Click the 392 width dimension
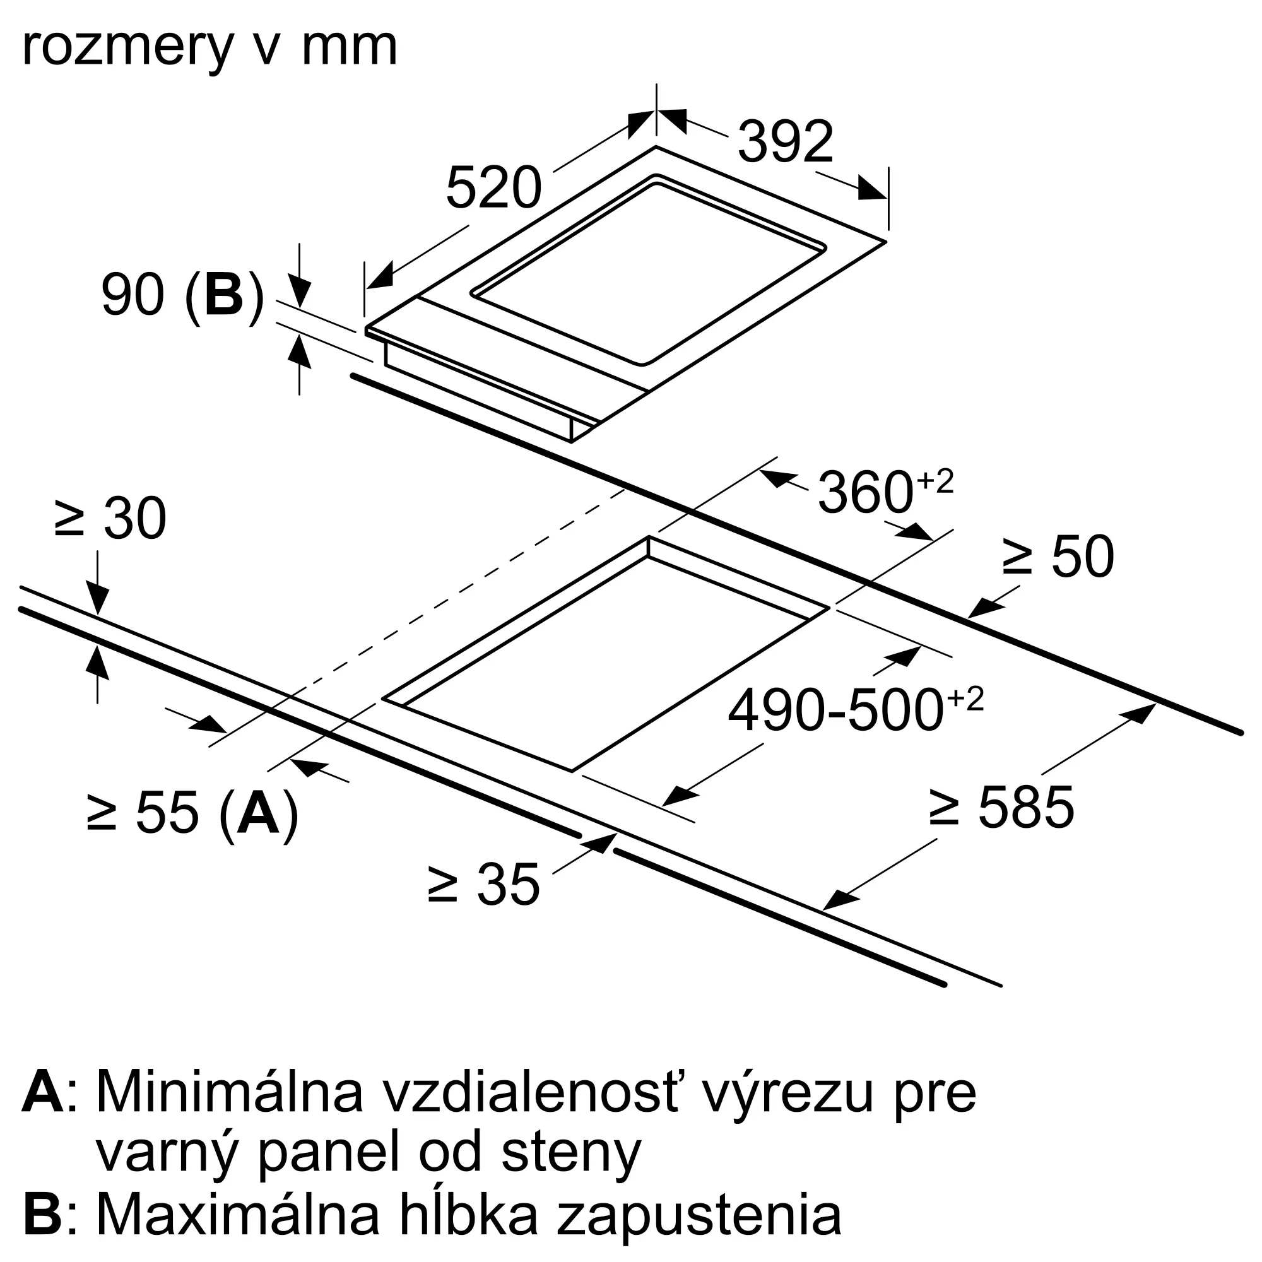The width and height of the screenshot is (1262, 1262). tap(785, 142)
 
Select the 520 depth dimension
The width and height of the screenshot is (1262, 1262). tap(494, 188)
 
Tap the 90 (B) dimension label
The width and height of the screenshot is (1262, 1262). tap(182, 296)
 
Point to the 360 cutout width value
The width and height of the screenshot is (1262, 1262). tap(864, 493)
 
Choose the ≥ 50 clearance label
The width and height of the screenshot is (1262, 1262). tap(1058, 557)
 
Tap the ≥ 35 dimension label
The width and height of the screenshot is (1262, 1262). tap(484, 885)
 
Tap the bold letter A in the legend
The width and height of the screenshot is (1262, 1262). tap(43, 1092)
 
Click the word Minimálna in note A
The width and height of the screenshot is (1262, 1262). tap(229, 1092)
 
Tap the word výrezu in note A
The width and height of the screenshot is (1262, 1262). tap(758, 1092)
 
